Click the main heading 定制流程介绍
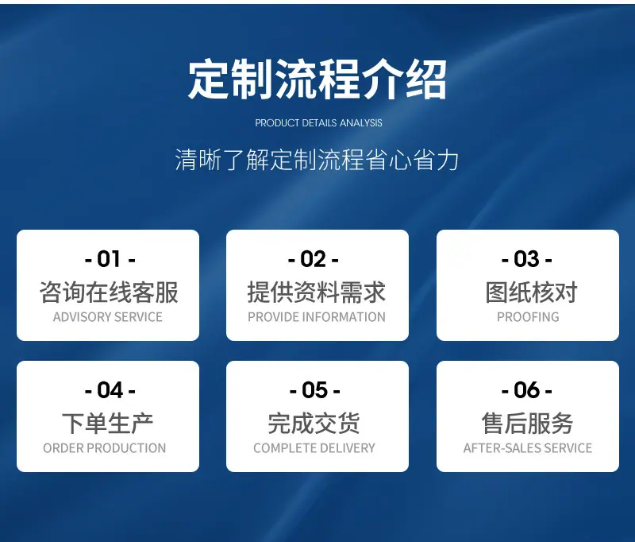point(317,79)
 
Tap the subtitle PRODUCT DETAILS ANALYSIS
point(319,123)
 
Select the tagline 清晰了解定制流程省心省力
point(317,160)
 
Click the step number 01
point(110,258)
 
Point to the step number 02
point(313,258)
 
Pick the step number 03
point(526,258)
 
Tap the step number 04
point(110,389)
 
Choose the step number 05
point(314,389)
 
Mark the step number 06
point(526,389)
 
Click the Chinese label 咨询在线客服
point(109,292)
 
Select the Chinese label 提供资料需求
point(317,292)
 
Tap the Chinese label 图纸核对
point(531,292)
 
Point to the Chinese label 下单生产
point(108,424)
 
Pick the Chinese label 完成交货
point(314,424)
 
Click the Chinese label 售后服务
point(527,424)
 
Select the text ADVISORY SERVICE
point(108,317)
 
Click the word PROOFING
point(528,317)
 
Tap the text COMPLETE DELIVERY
point(314,448)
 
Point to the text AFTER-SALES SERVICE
point(528,448)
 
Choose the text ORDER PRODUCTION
point(105,448)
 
